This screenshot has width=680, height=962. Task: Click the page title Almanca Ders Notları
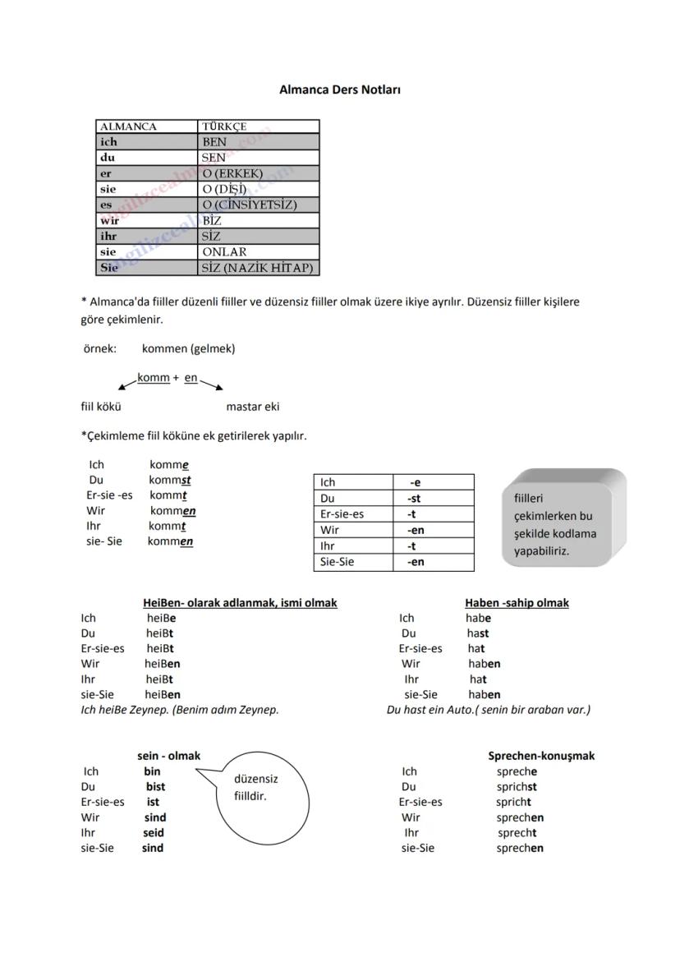point(339,90)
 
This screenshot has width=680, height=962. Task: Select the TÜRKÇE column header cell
point(259,127)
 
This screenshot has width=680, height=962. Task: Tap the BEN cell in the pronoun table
point(259,142)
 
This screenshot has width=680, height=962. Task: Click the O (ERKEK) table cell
point(259,173)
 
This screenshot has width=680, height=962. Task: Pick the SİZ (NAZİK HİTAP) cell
point(259,268)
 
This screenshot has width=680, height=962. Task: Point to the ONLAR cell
point(259,252)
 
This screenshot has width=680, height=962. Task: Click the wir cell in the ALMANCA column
point(147,221)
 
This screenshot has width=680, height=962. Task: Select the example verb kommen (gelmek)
point(188,348)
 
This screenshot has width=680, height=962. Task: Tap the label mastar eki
point(253,406)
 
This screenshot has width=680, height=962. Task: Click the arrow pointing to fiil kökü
point(127,382)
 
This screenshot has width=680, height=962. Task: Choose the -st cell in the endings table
point(415,499)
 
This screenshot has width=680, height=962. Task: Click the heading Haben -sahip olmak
point(517,603)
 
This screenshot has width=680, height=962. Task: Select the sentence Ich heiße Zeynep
point(179,709)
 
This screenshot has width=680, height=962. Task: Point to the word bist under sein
point(155,786)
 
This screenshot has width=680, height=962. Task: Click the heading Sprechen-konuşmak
point(541,756)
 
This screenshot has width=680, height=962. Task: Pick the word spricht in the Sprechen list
point(513,802)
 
